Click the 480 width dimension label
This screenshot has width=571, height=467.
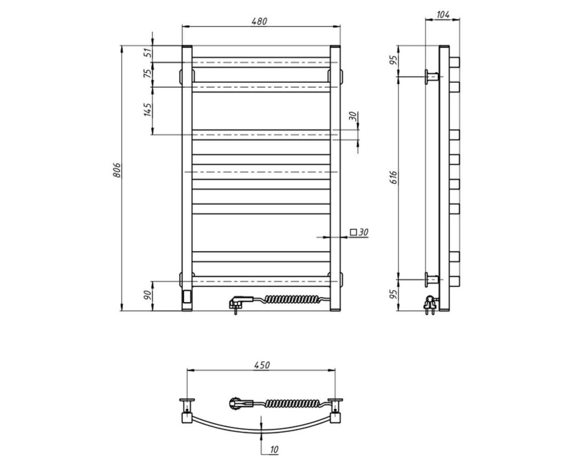259,21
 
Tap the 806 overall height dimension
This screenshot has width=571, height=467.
117,170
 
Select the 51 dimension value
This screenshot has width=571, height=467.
149,53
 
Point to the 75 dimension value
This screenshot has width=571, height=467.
149,73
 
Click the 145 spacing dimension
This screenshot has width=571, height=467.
148,109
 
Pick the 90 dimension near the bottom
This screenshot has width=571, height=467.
148,295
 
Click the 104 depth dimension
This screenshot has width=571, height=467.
443,15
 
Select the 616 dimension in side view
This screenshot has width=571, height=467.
394,177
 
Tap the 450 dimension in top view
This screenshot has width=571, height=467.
262,365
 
